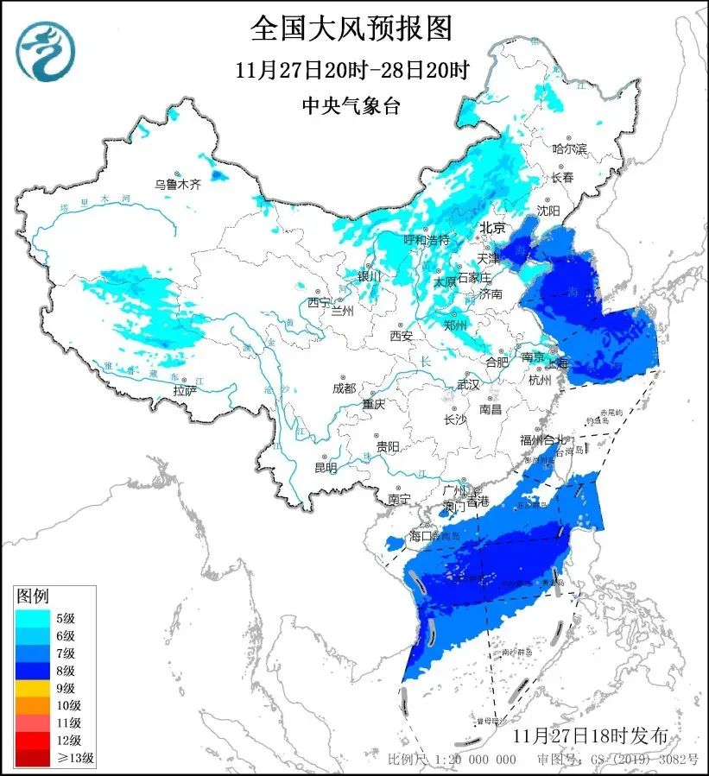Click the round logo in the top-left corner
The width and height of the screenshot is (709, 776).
click(x=46, y=50)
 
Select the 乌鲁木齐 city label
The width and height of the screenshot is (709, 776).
click(x=177, y=184)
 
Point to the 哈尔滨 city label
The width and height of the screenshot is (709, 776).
click(x=569, y=149)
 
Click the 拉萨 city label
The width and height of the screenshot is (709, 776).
click(x=184, y=390)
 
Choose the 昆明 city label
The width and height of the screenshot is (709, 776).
click(x=326, y=468)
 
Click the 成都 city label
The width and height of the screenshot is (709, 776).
click(x=343, y=388)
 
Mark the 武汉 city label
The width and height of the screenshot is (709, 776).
click(x=468, y=384)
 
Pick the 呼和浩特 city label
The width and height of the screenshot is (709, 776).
click(x=427, y=239)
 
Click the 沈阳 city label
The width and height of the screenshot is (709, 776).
click(x=548, y=210)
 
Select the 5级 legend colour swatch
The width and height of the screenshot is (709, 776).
click(x=33, y=617)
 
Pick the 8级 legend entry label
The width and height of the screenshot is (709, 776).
click(x=65, y=671)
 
